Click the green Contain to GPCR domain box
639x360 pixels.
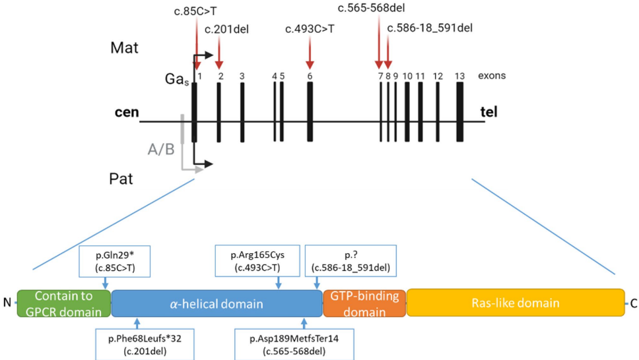pos(64,303)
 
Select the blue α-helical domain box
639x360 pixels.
pos(216,303)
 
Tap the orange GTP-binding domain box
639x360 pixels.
pos(364,303)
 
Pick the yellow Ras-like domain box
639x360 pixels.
pos(515,303)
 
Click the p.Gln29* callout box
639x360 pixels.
pos(116,262)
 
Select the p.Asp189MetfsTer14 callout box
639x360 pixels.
pos(294,344)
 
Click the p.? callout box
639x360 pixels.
pos(351,261)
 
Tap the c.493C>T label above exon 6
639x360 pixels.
pos(310,28)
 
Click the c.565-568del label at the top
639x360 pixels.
pos(371,8)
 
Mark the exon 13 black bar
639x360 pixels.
pos(460,112)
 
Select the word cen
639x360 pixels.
pos(126,112)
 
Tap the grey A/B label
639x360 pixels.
pos(162,150)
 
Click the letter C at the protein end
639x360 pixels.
pos(634,303)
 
